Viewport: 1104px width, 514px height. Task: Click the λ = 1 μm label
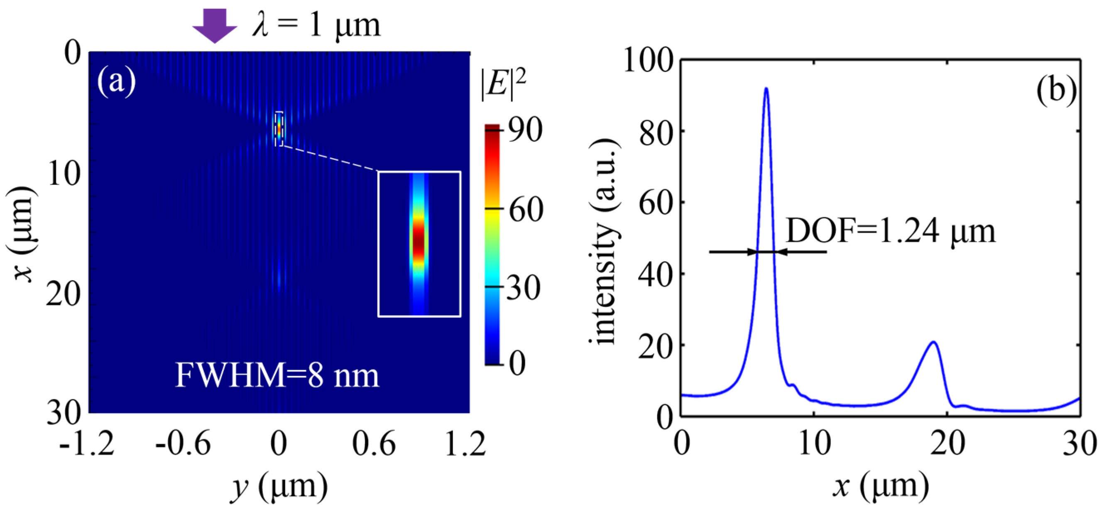click(316, 25)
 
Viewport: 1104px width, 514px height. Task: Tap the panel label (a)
click(116, 81)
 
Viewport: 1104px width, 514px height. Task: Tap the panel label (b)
click(1055, 91)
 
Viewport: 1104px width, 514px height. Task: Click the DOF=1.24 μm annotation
click(891, 232)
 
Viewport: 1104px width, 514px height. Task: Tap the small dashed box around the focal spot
click(279, 129)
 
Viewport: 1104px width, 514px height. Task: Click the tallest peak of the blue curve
click(766, 89)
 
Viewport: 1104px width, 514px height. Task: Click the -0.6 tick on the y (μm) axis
click(184, 444)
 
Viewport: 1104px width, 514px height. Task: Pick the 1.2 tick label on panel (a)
click(465, 444)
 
